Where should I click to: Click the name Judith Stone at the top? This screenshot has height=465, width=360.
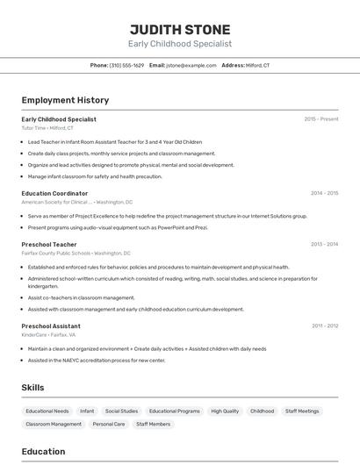tap(180, 29)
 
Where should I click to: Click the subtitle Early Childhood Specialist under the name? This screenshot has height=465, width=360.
tap(180, 43)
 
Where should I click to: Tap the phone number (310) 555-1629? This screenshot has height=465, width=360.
tap(126, 65)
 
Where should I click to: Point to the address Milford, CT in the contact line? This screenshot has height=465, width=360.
tap(257, 65)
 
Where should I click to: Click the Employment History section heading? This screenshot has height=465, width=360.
tap(65, 100)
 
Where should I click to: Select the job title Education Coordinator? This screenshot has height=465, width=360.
tap(54, 193)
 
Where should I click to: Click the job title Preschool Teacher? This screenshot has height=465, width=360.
tap(49, 244)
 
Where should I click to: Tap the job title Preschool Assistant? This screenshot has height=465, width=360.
tap(51, 325)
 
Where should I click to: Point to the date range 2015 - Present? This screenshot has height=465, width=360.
tap(321, 119)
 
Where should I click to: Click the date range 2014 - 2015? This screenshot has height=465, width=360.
tap(324, 193)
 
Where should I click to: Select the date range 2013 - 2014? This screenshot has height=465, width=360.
tap(324, 244)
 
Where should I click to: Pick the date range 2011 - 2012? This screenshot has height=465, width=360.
tap(324, 325)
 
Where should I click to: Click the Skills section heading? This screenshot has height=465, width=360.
tap(33, 387)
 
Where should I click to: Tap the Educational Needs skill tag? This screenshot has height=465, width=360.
tap(47, 411)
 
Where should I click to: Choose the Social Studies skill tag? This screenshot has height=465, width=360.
tap(121, 411)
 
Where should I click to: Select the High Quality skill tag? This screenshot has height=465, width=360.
tap(225, 411)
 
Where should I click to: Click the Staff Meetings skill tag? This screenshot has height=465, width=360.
tap(302, 411)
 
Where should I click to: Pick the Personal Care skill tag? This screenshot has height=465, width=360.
tap(109, 424)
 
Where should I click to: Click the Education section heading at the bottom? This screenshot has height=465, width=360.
tap(43, 452)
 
